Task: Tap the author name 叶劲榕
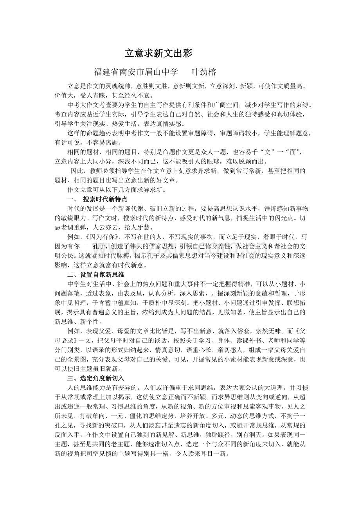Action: [x=203, y=72]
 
